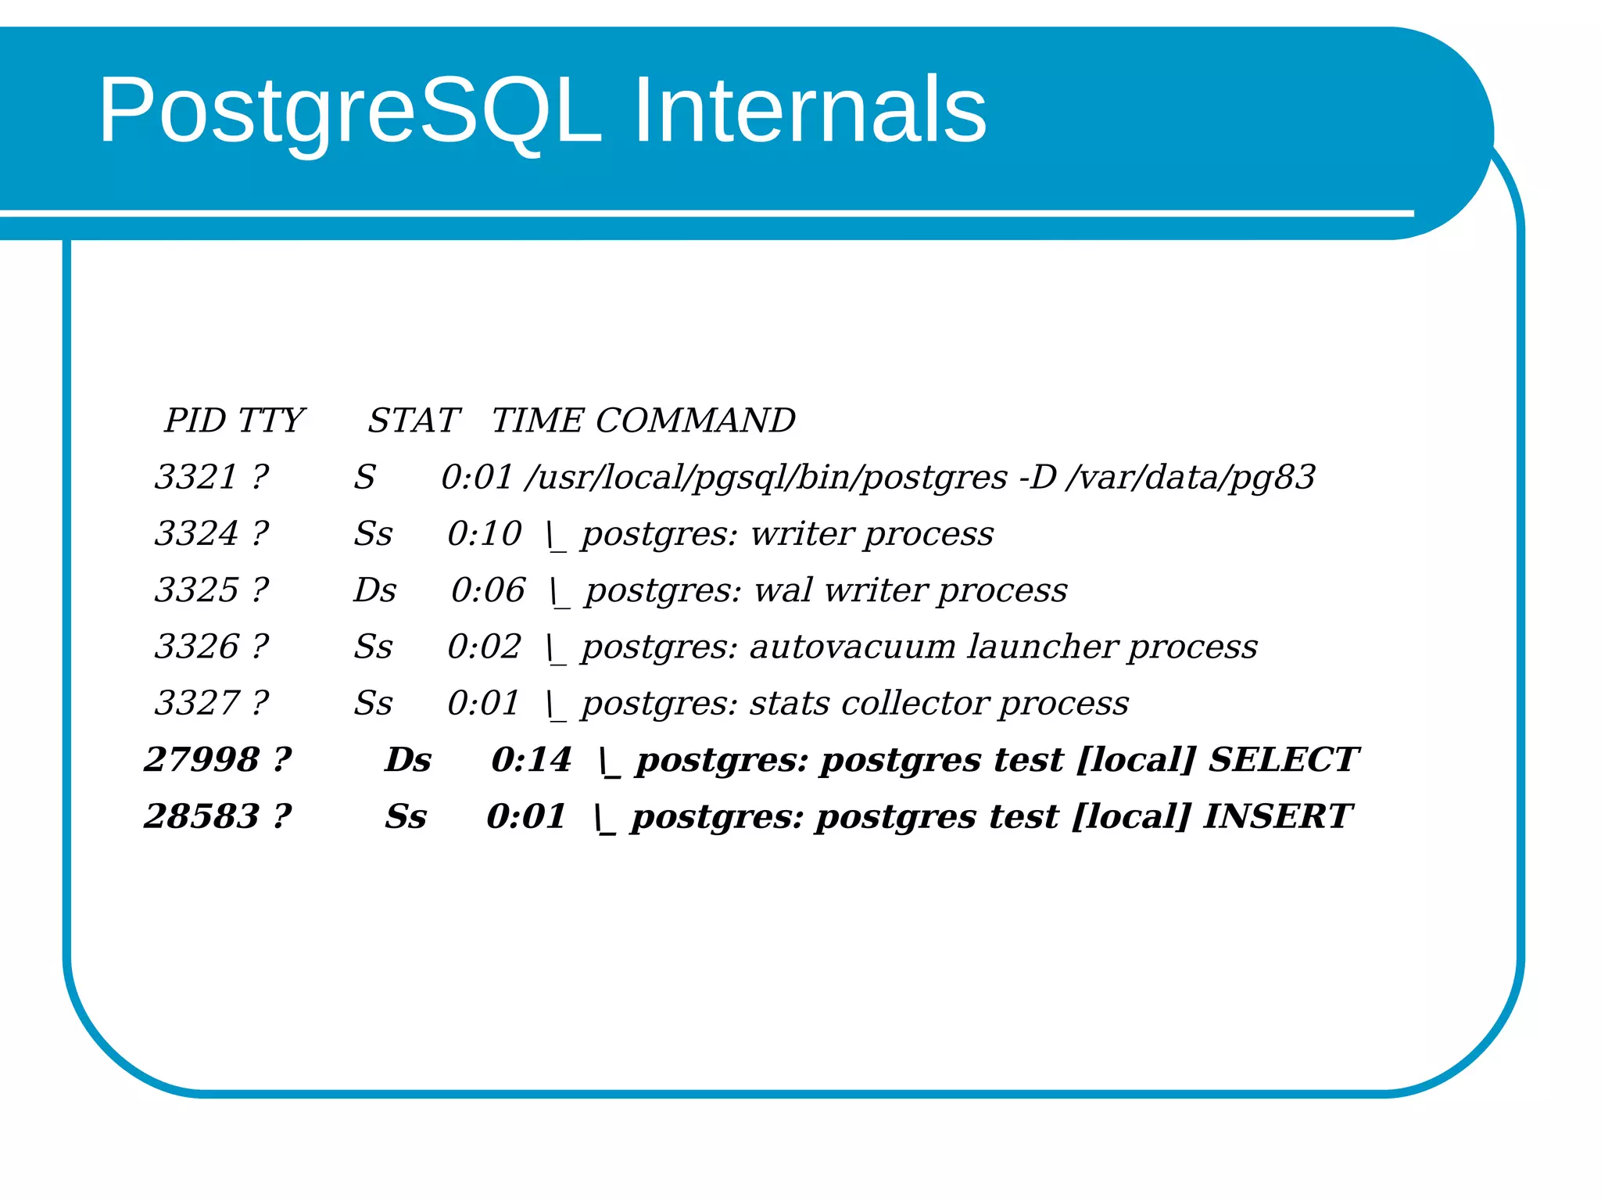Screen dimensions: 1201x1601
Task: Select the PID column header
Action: [x=195, y=421]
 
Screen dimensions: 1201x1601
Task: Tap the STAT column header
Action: [x=414, y=421]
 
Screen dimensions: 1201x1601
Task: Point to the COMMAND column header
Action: [x=695, y=421]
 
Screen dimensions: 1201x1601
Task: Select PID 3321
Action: [x=196, y=477]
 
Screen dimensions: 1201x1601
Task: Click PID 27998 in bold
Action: [x=202, y=759]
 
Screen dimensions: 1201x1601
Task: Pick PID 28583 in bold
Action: [x=202, y=816]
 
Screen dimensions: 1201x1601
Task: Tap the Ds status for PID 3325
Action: [x=374, y=590]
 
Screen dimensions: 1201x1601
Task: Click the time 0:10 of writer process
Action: [x=484, y=534]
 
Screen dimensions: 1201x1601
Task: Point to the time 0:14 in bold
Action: [x=531, y=759]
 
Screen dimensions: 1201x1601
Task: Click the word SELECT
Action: [x=1283, y=759]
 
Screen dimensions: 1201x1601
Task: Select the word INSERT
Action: [x=1277, y=816]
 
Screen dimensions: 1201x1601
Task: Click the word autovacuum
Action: [x=852, y=647]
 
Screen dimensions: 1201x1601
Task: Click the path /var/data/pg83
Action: [x=1191, y=478]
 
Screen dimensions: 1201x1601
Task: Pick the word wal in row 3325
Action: [x=783, y=590]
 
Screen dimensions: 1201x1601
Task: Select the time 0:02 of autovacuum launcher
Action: [x=484, y=647]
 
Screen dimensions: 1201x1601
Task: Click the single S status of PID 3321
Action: [x=364, y=477]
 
